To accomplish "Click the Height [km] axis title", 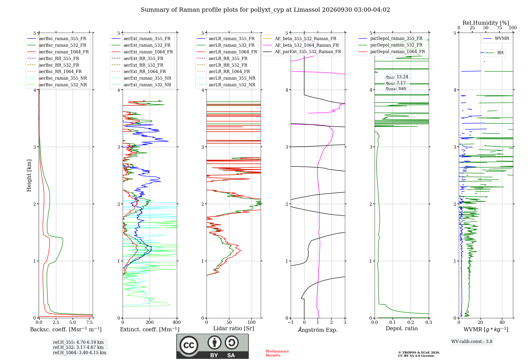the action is click(x=29, y=175).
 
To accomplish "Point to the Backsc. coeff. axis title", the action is click(x=66, y=329).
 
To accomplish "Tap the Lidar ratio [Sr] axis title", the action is click(x=234, y=328).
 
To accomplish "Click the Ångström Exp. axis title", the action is click(x=318, y=330).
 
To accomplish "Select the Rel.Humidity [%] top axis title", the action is click(x=486, y=23).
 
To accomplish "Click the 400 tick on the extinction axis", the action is click(x=177, y=322).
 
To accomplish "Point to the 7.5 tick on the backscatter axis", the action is click(x=89, y=322).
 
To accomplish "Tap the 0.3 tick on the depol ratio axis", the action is click(x=429, y=322).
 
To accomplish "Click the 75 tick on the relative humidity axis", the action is click(x=499, y=28).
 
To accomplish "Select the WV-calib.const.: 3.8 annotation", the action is click(x=472, y=342).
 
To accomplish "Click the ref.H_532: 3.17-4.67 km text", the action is click(x=78, y=347).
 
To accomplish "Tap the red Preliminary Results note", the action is click(x=277, y=353).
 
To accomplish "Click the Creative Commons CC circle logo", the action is click(x=189, y=345).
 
